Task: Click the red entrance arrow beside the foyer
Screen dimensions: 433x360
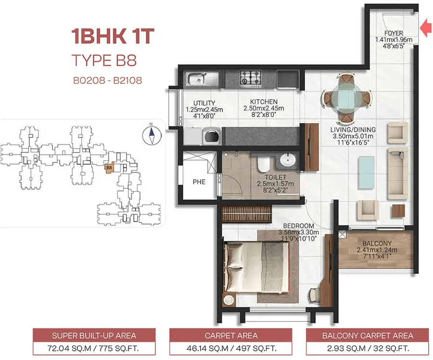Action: tap(426, 28)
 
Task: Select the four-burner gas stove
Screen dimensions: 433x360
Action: tap(251, 77)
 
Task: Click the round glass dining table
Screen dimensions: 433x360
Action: tap(346, 98)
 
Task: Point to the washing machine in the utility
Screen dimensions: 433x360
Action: tap(212, 137)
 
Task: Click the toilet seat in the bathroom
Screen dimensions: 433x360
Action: tap(264, 164)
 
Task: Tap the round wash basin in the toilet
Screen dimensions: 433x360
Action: tap(288, 160)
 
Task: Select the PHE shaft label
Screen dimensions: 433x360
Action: tap(199, 182)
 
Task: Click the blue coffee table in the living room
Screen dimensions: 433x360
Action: tap(367, 173)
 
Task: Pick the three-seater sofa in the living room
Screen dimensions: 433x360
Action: tap(398, 174)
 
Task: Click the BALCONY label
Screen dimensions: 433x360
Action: tap(377, 244)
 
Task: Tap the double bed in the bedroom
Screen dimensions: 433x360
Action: tap(256, 267)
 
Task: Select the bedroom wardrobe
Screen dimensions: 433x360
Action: tap(247, 213)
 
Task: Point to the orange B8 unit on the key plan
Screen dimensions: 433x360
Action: tap(109, 168)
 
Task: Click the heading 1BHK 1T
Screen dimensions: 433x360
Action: tap(113, 36)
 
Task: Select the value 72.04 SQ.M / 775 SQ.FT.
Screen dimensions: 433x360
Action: tap(94, 348)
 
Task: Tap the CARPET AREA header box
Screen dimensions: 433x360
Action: tap(231, 335)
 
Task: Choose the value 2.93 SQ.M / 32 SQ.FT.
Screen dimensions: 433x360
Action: tap(368, 348)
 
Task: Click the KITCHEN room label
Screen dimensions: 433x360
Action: tap(264, 102)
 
